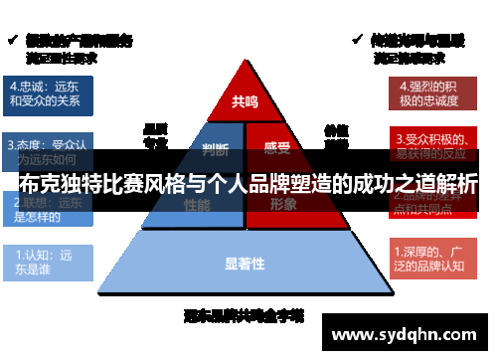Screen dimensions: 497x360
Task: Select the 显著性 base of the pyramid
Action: coord(245,264)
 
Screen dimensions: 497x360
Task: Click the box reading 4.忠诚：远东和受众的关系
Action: coord(50,92)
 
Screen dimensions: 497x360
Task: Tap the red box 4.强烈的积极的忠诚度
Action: coord(431,92)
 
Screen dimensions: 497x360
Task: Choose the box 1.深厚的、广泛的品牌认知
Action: coord(433,261)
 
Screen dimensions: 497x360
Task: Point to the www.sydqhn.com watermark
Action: coord(407,335)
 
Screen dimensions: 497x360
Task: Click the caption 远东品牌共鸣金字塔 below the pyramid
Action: coord(245,316)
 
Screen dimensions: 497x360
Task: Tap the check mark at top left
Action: coord(13,41)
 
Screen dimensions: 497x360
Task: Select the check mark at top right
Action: coord(357,40)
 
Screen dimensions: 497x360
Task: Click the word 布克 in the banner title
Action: coord(41,185)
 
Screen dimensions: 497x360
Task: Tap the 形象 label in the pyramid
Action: coord(283,203)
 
